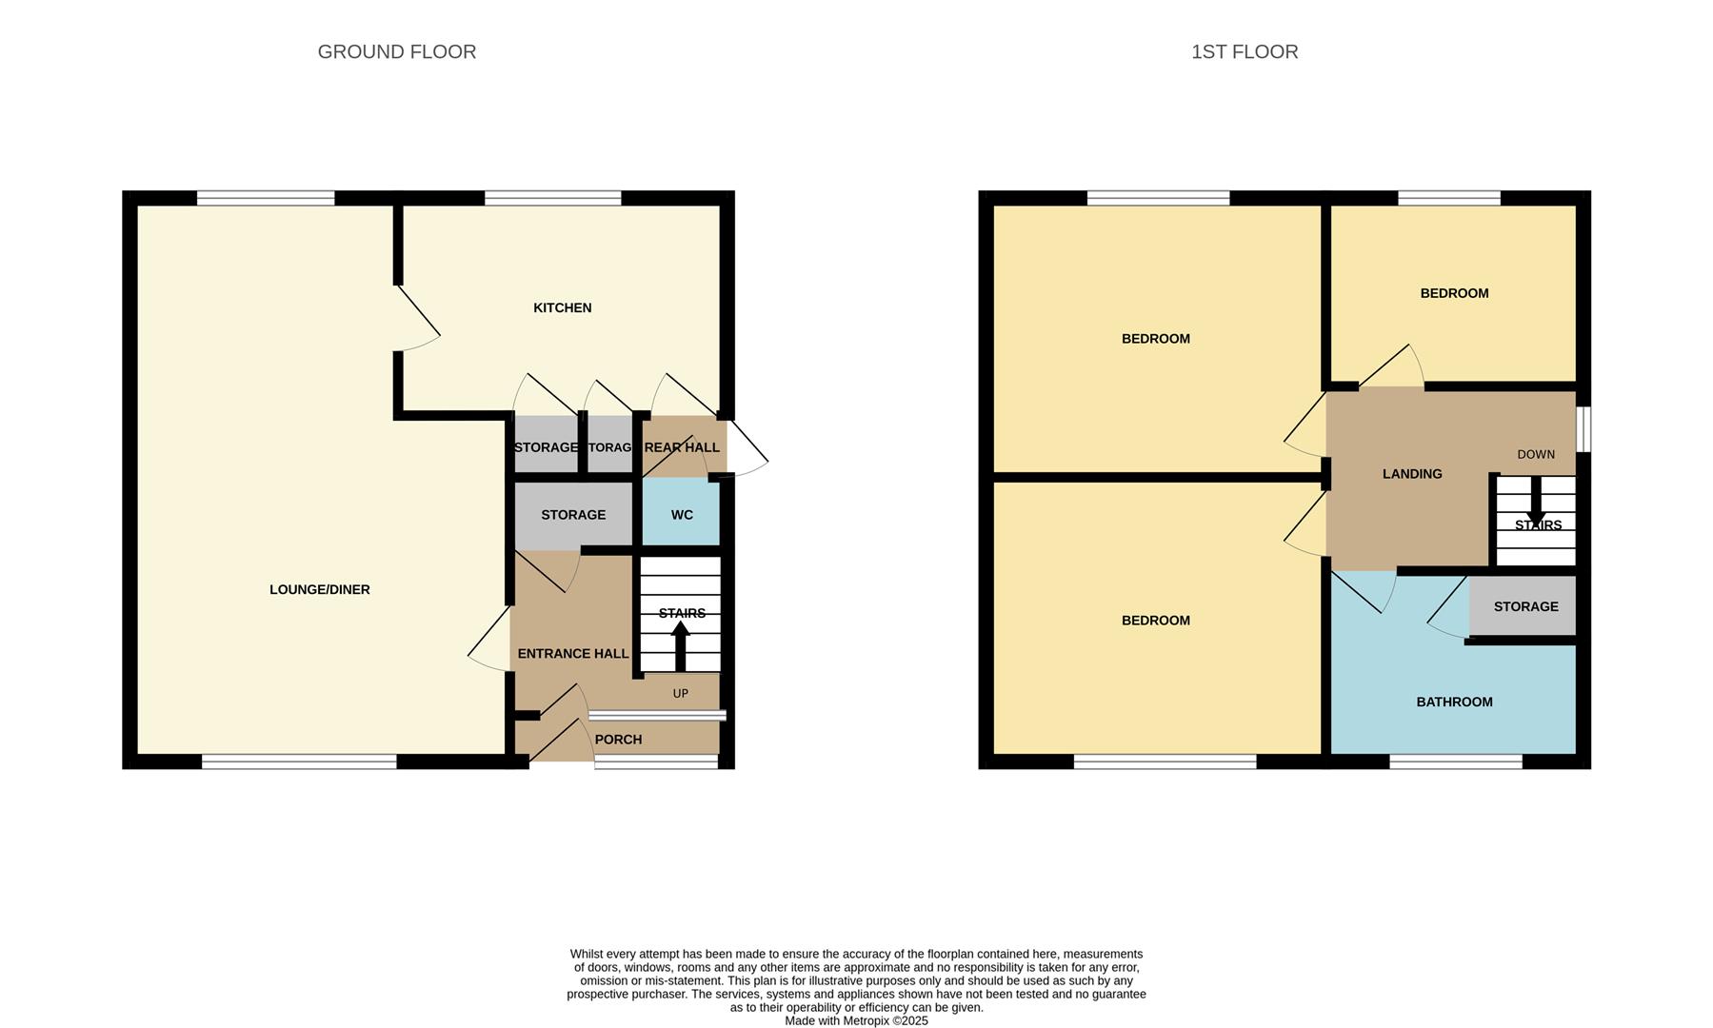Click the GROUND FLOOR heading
tap(396, 52)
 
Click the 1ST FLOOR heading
tap(1244, 52)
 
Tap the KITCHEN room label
tap(562, 307)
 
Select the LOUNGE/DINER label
tap(319, 589)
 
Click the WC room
tap(681, 515)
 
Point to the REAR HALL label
tap(681, 447)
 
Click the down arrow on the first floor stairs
tap(1535, 501)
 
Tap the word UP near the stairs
tap(680, 693)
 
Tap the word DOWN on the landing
tap(1535, 454)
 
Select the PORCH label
tap(618, 740)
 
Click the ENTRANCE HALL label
tap(572, 653)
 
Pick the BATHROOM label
tap(1453, 702)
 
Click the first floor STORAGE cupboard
tap(1524, 606)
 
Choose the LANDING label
tap(1411, 473)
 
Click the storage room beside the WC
tap(572, 515)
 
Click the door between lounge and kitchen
tap(417, 319)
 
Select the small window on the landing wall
tap(1584, 429)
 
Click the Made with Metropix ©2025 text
tap(855, 1020)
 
